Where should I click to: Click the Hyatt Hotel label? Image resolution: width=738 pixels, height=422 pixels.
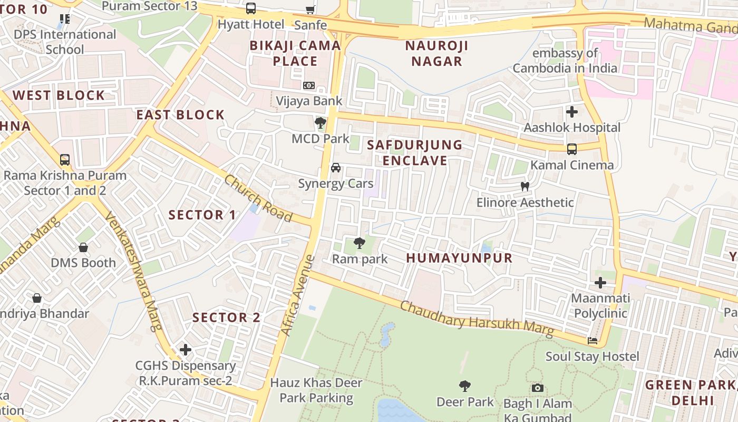(251, 24)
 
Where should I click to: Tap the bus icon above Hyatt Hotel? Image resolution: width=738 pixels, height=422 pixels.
(251, 8)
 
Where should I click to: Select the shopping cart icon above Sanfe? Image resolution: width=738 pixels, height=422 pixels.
(310, 9)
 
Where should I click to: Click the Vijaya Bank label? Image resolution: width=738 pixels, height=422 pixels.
(309, 101)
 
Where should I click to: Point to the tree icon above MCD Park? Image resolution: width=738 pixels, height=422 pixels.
(320, 123)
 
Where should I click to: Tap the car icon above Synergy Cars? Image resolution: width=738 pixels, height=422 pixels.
(335, 168)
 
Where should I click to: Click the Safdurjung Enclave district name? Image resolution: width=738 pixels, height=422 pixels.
(414, 152)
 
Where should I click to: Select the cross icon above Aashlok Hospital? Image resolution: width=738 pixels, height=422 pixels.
(572, 112)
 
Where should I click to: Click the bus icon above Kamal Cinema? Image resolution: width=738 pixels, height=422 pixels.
(572, 149)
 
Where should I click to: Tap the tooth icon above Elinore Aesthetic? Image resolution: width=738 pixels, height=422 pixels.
(525, 186)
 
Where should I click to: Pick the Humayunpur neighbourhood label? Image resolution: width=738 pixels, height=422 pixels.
(459, 258)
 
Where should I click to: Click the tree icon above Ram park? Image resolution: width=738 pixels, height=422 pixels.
(360, 243)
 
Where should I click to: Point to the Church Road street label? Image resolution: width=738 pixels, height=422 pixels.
(258, 198)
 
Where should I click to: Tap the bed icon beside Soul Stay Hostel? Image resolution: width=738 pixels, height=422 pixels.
(593, 341)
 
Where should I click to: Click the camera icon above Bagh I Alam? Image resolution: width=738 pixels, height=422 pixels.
(537, 388)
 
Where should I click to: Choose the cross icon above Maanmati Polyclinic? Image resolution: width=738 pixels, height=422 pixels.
(600, 283)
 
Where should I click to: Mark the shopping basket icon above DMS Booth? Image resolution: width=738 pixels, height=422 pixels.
(83, 247)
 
